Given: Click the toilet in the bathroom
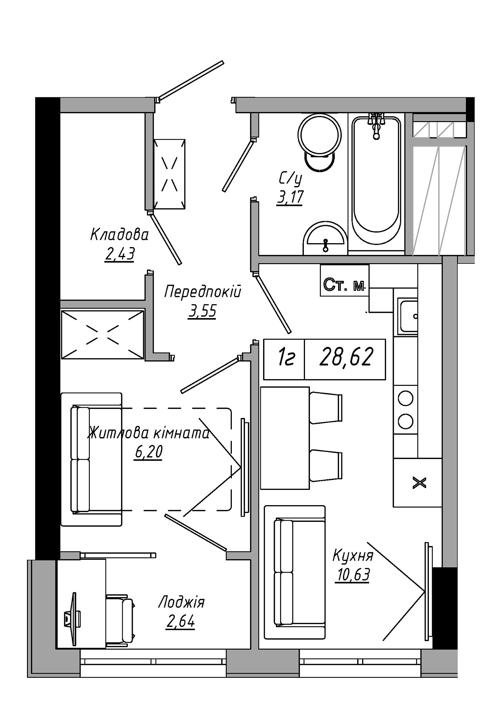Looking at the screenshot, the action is pos(320,142).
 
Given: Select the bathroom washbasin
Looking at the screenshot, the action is pos(325,238).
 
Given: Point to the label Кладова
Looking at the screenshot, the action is pos(120,235).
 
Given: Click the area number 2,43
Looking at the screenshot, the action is pos(120,254).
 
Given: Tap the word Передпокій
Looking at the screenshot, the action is pos(203,291).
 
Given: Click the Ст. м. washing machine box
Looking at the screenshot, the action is pos(344,280).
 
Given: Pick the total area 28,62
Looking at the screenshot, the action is pos(346,357).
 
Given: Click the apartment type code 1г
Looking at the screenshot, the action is pos(286,357).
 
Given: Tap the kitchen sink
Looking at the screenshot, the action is pos(408,316).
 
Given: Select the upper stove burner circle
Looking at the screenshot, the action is pos(405,398).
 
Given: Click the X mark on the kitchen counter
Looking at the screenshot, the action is pos(420,483).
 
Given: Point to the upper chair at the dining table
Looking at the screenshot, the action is pos(326,408).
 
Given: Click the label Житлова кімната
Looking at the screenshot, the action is pos(149,433).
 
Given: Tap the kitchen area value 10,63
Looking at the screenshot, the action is pos(352,575).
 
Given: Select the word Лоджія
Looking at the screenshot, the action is pos(181,602).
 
